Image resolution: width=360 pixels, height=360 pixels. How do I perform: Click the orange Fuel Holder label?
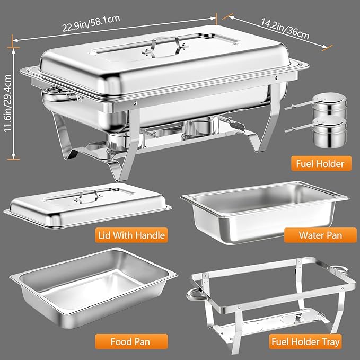point(321,163)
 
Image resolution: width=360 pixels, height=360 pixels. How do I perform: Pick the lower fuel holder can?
point(326,134)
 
